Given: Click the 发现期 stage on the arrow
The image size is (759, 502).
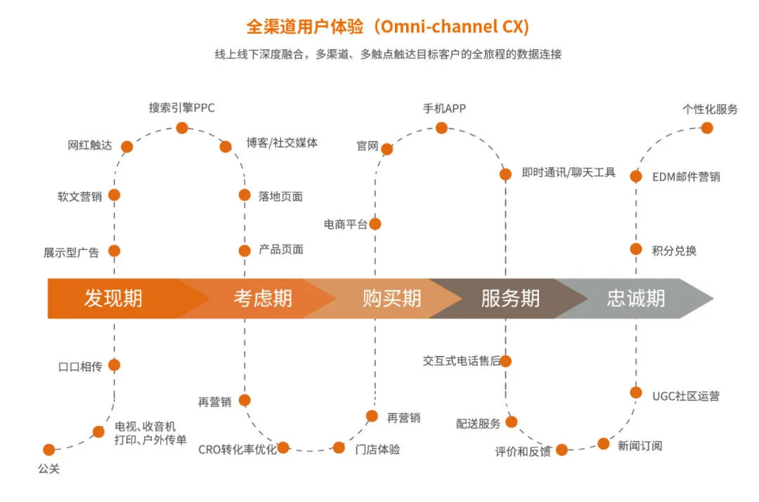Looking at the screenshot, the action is [x=113, y=298].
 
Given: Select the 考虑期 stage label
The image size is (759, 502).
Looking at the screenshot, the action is [x=263, y=298].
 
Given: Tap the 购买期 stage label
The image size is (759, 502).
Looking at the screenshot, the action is [x=392, y=298].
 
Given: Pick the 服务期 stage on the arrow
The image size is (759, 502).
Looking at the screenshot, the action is [x=510, y=298].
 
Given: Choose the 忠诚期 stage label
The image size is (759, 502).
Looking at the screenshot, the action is [x=636, y=298].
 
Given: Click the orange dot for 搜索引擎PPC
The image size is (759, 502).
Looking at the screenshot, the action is [x=182, y=128].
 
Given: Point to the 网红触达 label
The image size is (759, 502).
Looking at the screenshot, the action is [x=89, y=145].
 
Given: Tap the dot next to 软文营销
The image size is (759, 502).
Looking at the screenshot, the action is [x=115, y=195].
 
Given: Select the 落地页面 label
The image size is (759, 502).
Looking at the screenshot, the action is [x=280, y=197].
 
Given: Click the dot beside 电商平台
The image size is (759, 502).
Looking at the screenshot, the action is [x=375, y=224].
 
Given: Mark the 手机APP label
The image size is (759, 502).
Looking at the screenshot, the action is [x=444, y=108].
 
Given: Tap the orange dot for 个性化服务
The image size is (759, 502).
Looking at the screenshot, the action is [x=707, y=128].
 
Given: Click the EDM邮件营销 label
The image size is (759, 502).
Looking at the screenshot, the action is [x=686, y=177].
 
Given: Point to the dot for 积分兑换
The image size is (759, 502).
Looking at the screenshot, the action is [x=636, y=249].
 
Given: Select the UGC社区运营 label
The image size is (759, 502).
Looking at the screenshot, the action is [x=685, y=396].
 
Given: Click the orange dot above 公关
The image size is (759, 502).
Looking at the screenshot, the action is [x=49, y=450].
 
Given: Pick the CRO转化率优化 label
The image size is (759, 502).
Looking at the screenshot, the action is [x=238, y=450].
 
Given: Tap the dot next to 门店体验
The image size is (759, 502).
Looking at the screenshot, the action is [x=339, y=448].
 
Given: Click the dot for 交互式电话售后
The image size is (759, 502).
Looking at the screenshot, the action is [x=505, y=361].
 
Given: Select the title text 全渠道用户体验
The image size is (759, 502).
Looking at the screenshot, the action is [x=305, y=27].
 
